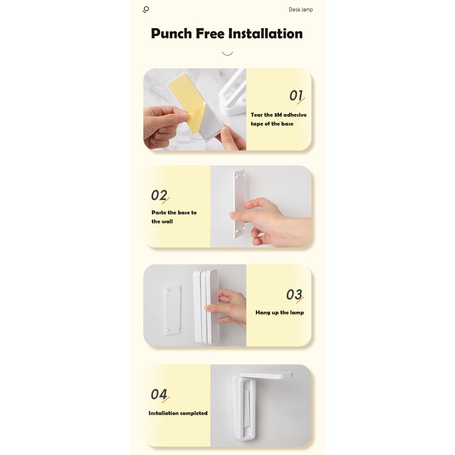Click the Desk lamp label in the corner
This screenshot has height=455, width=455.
301,10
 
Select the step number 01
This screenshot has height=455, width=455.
296,96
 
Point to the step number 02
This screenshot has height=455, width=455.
159,195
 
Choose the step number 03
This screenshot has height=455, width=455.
294,295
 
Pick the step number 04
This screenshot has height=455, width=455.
159,395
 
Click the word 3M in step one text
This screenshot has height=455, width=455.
278,115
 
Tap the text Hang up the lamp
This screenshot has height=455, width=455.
279,313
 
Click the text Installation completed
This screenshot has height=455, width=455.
178,413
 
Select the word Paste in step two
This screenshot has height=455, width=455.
159,213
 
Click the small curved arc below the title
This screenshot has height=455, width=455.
227,54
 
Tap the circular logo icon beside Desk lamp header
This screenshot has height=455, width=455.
146,9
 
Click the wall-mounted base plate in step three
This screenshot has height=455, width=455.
173,310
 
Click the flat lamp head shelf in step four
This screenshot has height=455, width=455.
266,374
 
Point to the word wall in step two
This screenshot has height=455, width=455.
168,221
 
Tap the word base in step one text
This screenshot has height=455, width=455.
287,124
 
